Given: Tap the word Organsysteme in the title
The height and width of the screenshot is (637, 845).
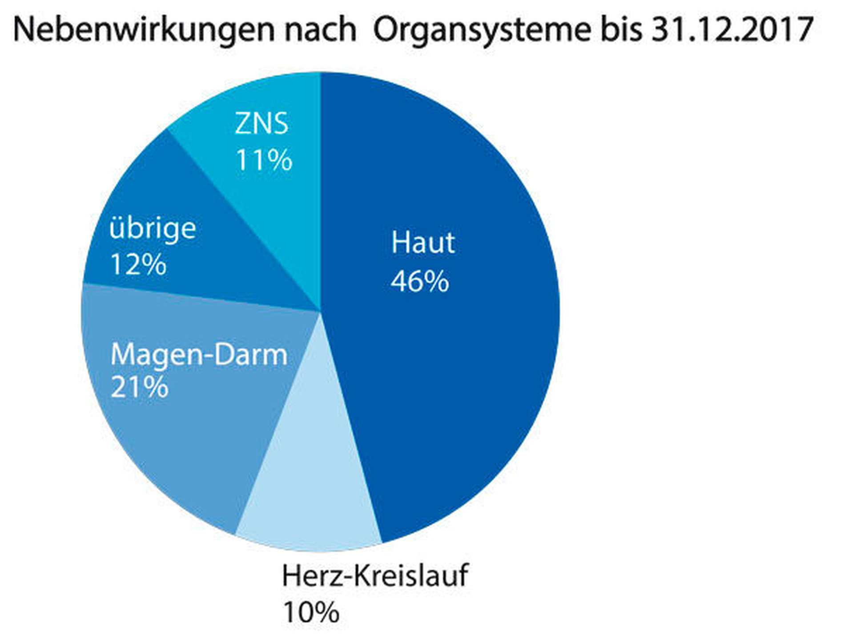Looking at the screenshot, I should [482, 30].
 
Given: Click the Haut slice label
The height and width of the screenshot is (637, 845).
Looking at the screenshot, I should [423, 243].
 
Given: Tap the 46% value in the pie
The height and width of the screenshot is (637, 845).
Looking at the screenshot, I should [420, 281].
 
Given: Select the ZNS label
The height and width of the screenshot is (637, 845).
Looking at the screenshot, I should [262, 123].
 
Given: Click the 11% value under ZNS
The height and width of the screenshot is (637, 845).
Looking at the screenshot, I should [264, 160].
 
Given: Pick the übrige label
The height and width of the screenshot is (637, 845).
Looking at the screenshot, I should [153, 229].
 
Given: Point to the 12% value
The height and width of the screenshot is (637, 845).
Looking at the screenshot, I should [138, 265].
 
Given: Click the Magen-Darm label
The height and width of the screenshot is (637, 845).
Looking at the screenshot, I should [199, 355].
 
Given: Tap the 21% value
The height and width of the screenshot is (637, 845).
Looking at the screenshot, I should [140, 387].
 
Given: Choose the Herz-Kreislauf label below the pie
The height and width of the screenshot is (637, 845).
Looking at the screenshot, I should [375, 576].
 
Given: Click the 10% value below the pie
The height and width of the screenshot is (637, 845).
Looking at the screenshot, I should [311, 612].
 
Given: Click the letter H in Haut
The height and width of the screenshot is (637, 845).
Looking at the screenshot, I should [399, 243].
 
